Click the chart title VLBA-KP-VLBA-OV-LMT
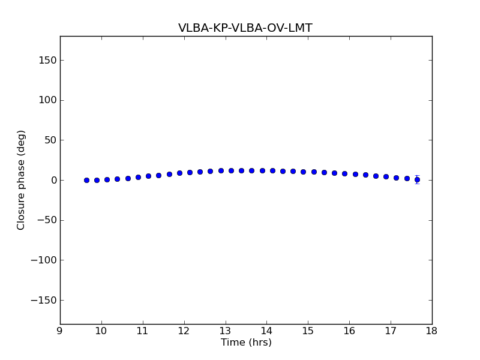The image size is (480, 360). coord(245,28)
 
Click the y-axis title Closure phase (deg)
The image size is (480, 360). coord(22,180)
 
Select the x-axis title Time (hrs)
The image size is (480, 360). coord(246,343)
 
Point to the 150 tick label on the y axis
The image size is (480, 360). coord(47,60)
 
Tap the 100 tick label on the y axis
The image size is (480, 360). coord(47,100)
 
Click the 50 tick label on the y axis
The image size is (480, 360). coord(50,140)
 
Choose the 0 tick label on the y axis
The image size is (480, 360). coord(53,180)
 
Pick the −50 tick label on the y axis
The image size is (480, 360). coord(47,220)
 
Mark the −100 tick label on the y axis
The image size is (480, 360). coord(44,260)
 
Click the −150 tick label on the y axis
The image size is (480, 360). coord(44,300)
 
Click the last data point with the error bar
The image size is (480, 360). coord(417,179)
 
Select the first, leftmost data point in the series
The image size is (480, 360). coord(86,180)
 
